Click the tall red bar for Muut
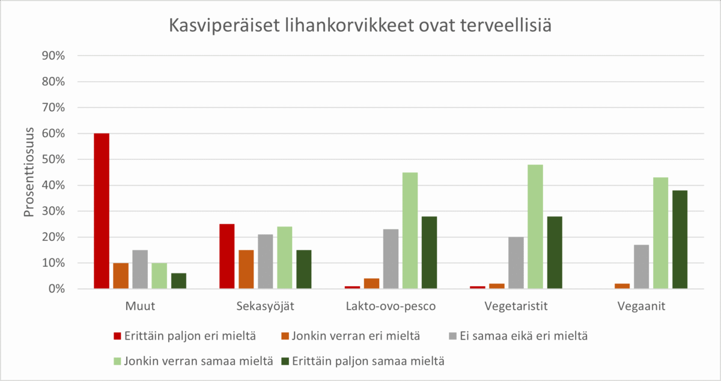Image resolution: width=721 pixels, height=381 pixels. point(102,211)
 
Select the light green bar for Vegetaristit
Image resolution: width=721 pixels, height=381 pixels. point(535,227)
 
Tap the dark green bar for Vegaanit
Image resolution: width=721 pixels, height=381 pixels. point(680,239)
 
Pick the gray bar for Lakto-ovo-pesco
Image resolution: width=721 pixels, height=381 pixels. point(391,259)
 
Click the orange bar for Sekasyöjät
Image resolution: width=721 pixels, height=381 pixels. point(246,269)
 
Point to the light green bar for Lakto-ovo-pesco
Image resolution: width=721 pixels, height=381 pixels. point(410,231)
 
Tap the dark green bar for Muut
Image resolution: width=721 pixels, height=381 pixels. point(178,281)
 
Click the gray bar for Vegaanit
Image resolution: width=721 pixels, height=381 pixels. point(641,267)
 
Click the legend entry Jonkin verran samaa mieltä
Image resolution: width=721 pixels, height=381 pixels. point(198,361)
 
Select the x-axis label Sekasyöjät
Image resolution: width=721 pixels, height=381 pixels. point(266,306)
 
